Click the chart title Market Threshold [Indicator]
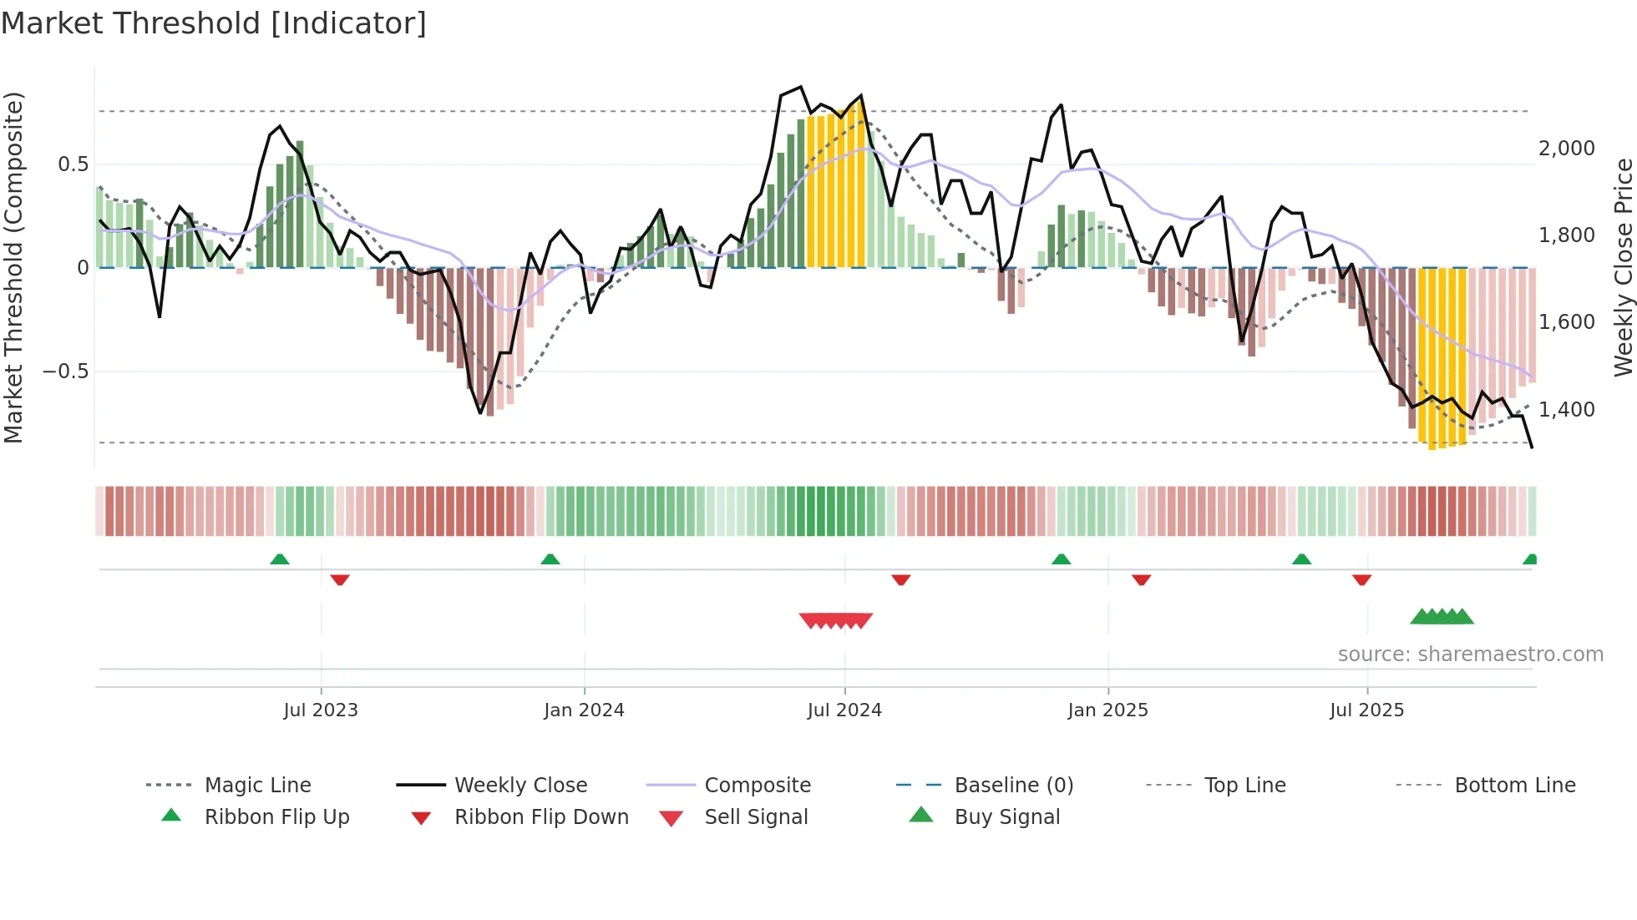coord(214,23)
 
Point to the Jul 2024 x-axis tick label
coord(844,710)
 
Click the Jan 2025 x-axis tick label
coord(1107,710)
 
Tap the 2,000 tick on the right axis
coord(1566,149)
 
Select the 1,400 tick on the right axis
coord(1566,410)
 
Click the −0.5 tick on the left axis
coord(65,372)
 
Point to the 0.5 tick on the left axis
coord(73,164)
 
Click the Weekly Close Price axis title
coord(1623,267)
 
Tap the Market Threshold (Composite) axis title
coord(13,267)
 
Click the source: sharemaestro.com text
coord(1470,655)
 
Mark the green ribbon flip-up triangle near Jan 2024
coord(550,559)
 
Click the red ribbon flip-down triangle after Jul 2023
coord(340,579)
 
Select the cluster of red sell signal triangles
coord(836,620)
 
